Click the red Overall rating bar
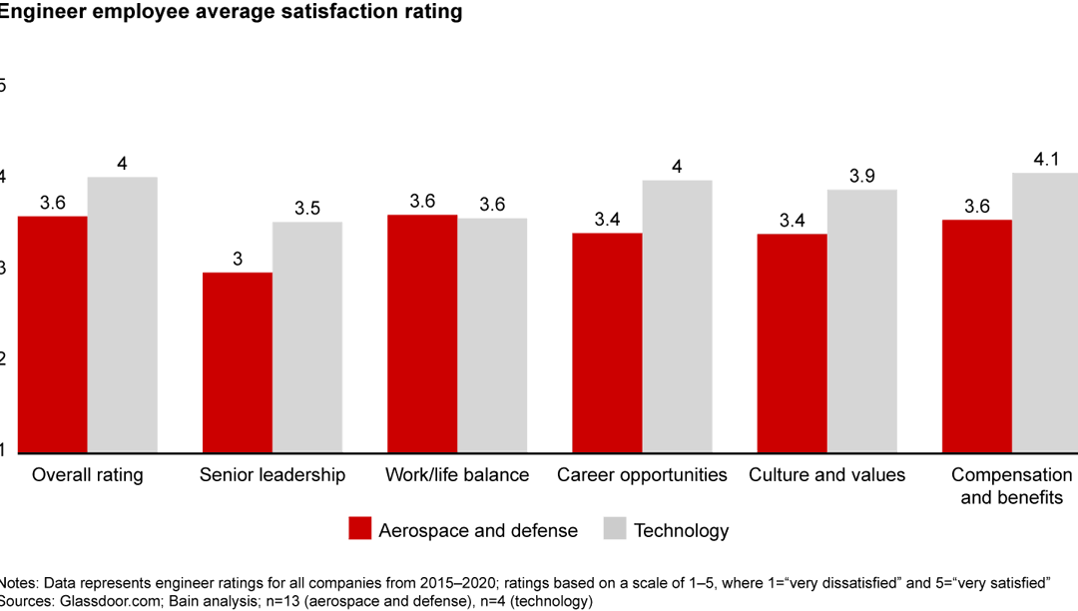(52, 334)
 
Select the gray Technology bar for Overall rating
(123, 314)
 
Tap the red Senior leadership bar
(238, 362)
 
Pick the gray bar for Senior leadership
(307, 337)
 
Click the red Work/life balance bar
(422, 333)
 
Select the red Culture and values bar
(793, 343)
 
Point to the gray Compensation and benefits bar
(1045, 312)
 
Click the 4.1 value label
(1046, 158)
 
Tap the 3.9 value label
(861, 176)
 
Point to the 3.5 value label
(307, 208)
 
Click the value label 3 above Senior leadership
(238, 259)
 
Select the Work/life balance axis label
(457, 475)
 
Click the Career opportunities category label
(642, 475)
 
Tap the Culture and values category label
(826, 475)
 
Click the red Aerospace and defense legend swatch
(360, 529)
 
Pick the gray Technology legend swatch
(616, 529)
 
